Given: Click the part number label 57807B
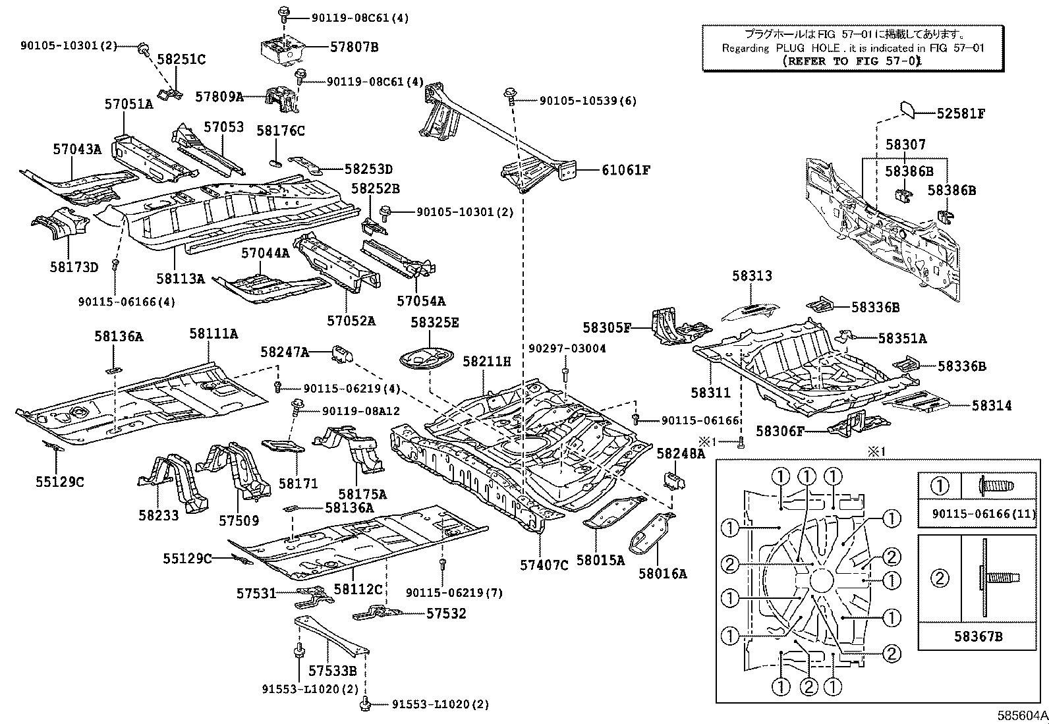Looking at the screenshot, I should point(354,47).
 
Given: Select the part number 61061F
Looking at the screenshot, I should point(625,170).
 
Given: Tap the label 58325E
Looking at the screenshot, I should point(435,322).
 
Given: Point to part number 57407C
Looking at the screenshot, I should point(544,565).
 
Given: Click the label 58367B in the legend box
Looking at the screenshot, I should point(977,636).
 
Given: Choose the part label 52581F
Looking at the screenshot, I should point(961,113).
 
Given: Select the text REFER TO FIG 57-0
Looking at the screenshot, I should point(852,61).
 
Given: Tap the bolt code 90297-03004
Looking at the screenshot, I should point(567,348).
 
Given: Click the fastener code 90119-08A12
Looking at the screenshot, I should point(360,411).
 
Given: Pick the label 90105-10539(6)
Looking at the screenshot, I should point(588,101).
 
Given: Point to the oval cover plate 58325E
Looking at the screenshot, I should point(426,360).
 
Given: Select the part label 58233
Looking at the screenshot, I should point(158,515).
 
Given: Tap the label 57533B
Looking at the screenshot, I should point(332,671).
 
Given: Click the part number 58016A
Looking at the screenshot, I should point(662,573).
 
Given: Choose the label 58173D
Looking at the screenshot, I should point(73,267).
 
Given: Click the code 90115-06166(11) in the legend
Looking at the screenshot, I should point(984,513).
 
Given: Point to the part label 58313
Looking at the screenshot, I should point(751,276).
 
